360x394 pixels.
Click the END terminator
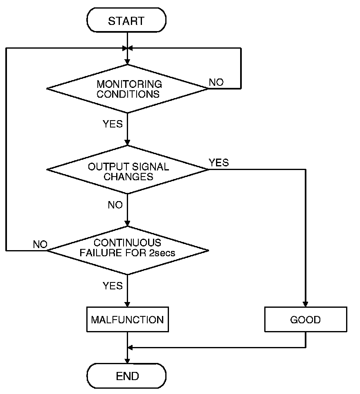(128, 376)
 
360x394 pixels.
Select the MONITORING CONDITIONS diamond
(128, 89)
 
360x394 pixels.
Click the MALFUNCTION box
(128, 320)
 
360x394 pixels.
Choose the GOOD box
(306, 320)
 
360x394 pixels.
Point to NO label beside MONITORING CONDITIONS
(216, 82)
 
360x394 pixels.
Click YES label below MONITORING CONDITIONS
(113, 124)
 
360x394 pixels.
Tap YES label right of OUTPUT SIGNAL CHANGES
(219, 162)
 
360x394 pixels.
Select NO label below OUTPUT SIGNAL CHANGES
(115, 205)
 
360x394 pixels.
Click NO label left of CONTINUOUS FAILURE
(40, 244)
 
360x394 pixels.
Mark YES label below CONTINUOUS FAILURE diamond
(113, 286)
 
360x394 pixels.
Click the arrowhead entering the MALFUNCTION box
(128, 305)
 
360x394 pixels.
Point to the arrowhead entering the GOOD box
(306, 305)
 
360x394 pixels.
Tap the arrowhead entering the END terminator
(128, 361)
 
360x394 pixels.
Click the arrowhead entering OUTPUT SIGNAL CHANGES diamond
(128, 143)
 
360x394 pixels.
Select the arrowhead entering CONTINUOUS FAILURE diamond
(128, 224)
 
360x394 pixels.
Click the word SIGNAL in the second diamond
(152, 167)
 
